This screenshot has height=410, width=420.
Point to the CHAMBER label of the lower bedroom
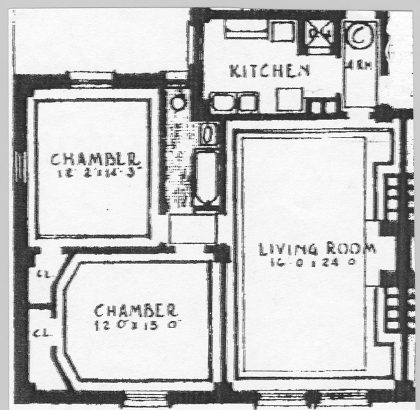135,310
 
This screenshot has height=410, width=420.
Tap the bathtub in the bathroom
207,178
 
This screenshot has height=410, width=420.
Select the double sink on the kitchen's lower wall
235,102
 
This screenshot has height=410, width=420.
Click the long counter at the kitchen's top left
246,28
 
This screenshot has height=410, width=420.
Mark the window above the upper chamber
90,77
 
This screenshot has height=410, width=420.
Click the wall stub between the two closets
42,306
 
